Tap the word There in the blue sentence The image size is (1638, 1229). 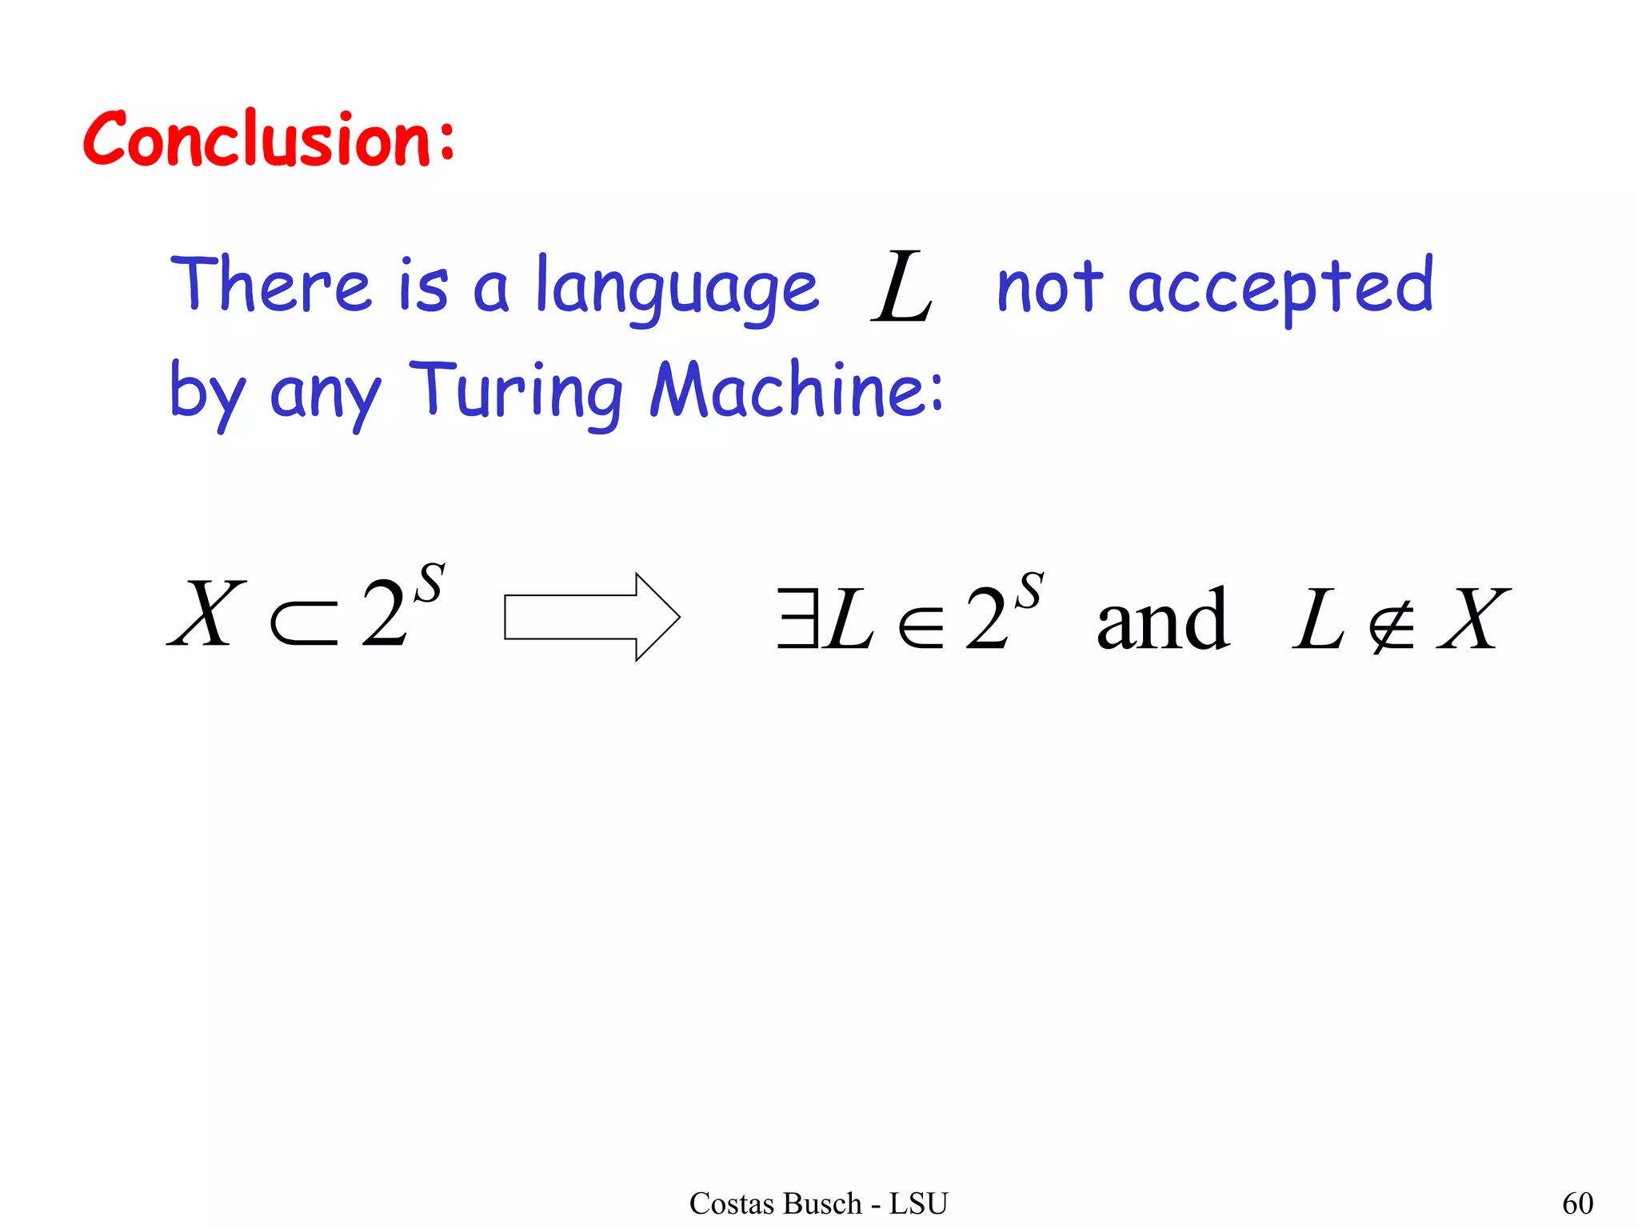pyautogui.click(x=271, y=284)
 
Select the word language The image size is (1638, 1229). pyautogui.click(x=677, y=290)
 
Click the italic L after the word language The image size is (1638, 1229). pyautogui.click(x=902, y=286)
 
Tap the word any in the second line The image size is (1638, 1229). pyautogui.click(x=326, y=396)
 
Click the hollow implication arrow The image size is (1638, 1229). pyautogui.click(x=592, y=617)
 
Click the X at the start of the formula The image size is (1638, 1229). pyautogui.click(x=206, y=614)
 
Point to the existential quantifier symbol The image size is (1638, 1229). pyautogui.click(x=797, y=618)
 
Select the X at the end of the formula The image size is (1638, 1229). pyautogui.click(x=1473, y=618)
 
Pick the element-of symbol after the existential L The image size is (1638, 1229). pyautogui.click(x=921, y=625)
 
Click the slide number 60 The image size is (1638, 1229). pyautogui.click(x=1577, y=1203)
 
